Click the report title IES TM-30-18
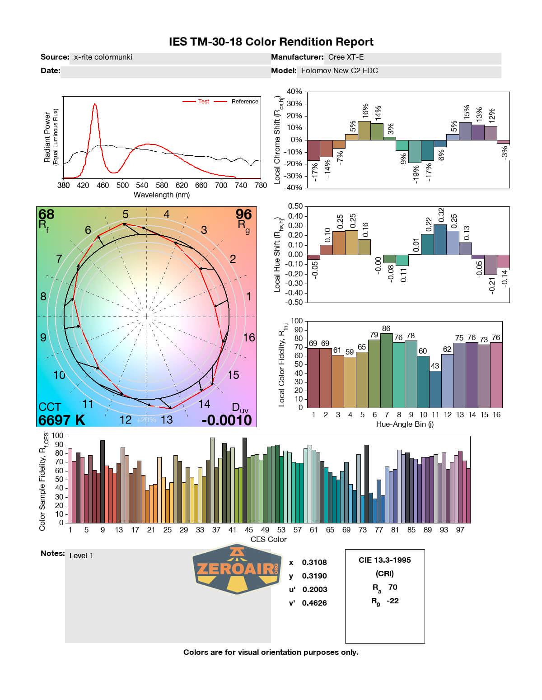click(271, 42)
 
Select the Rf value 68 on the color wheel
click(47, 214)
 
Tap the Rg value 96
click(243, 214)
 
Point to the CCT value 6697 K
click(61, 420)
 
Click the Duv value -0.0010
click(227, 420)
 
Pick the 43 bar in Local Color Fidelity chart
click(435, 389)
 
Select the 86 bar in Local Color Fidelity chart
click(386, 370)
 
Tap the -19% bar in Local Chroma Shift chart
click(415, 151)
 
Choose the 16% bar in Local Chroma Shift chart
click(364, 131)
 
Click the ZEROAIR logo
click(237, 568)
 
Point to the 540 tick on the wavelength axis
click(142, 185)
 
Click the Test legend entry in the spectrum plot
click(203, 102)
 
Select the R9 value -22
click(392, 601)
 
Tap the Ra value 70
click(392, 587)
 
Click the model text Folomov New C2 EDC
click(339, 71)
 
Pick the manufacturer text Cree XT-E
click(346, 57)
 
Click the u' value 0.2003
click(314, 589)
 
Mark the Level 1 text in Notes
click(81, 556)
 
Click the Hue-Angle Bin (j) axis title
click(405, 425)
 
